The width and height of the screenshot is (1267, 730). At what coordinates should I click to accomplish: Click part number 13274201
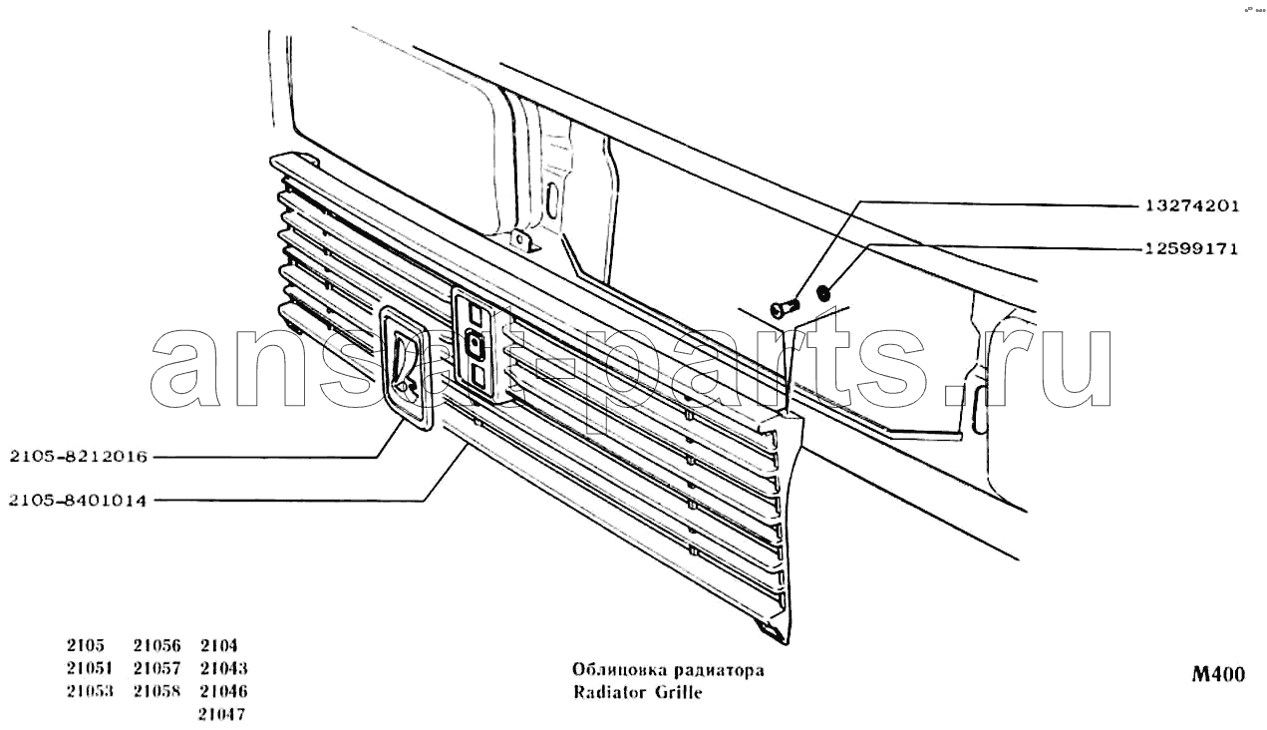tap(1192, 205)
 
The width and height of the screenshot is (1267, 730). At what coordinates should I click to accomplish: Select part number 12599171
tap(1192, 248)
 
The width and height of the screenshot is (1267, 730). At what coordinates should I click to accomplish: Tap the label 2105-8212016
tap(78, 456)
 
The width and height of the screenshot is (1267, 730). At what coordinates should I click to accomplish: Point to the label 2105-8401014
tap(78, 501)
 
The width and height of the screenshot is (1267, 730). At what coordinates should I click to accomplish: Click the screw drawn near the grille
tap(786, 308)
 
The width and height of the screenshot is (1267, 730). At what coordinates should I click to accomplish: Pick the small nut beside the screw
tap(823, 294)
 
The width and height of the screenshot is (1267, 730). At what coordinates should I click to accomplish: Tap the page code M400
tap(1218, 674)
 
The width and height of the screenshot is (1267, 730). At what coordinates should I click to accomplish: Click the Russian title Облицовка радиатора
tap(668, 670)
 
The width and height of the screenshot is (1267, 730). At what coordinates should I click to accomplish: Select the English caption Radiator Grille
tap(637, 692)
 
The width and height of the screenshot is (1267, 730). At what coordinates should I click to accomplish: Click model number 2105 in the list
tap(86, 645)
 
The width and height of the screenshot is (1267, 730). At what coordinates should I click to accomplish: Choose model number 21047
tap(221, 714)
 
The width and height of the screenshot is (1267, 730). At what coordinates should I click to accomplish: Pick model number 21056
tap(158, 645)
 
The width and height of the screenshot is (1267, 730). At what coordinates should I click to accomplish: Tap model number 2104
tap(219, 645)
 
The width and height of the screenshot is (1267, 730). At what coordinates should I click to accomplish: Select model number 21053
tap(90, 691)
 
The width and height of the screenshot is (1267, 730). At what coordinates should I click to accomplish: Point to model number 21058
tap(158, 691)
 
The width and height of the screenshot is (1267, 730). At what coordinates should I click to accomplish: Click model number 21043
tap(224, 668)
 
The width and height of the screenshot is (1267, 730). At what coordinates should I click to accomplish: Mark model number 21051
tap(90, 668)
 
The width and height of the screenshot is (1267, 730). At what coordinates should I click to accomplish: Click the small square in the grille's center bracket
tap(474, 345)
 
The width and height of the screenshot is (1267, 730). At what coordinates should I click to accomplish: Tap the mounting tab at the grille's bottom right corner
tap(771, 630)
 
